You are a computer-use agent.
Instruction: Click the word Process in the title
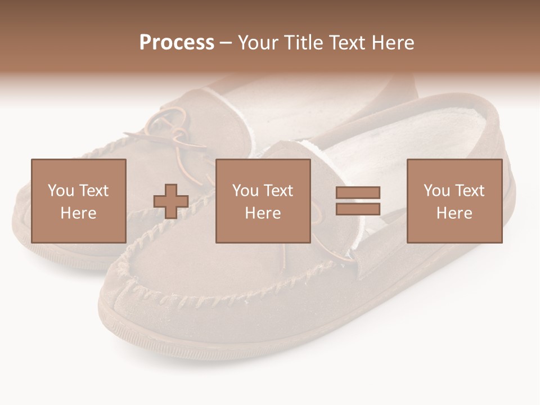click(177, 43)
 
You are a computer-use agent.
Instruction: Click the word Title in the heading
click(304, 43)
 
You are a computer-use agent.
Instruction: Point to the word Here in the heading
click(392, 43)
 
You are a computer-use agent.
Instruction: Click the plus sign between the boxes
click(171, 201)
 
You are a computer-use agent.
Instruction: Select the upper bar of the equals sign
click(358, 192)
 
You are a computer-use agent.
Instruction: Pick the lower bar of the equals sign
click(358, 209)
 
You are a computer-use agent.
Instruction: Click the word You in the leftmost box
click(60, 191)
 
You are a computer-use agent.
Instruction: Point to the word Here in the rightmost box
click(454, 213)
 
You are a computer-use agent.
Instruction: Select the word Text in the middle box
click(279, 191)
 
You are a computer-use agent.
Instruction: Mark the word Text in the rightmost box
click(470, 191)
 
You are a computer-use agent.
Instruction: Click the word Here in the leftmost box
click(78, 213)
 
